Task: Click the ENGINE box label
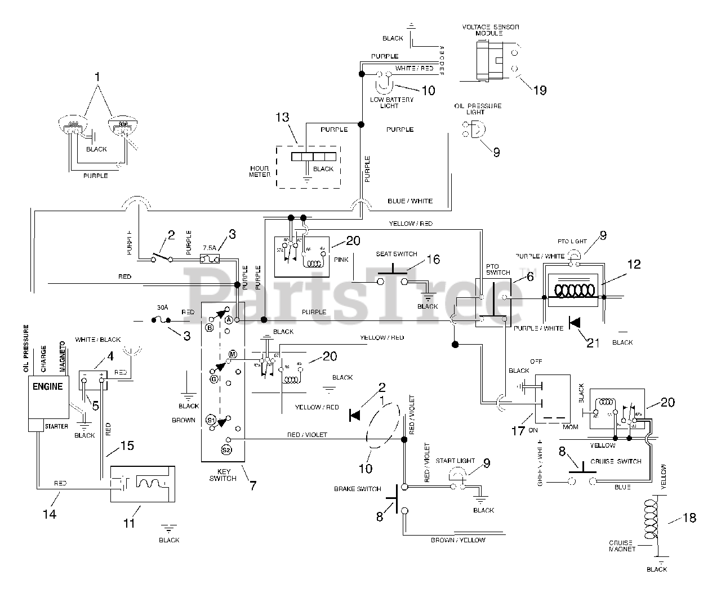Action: coord(48,387)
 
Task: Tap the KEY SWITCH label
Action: coord(222,475)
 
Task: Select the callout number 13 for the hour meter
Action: coord(282,117)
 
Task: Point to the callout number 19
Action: coord(540,90)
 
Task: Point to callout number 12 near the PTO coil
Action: coord(634,264)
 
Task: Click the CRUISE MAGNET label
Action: coord(622,546)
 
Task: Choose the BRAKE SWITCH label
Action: coord(358,489)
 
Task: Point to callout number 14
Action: coord(50,514)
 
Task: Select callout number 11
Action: coord(130,523)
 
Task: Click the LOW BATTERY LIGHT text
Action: coord(391,102)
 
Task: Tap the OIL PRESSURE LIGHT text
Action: coord(477,109)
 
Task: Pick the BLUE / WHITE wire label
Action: coord(410,200)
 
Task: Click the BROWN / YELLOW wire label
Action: coord(458,540)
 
